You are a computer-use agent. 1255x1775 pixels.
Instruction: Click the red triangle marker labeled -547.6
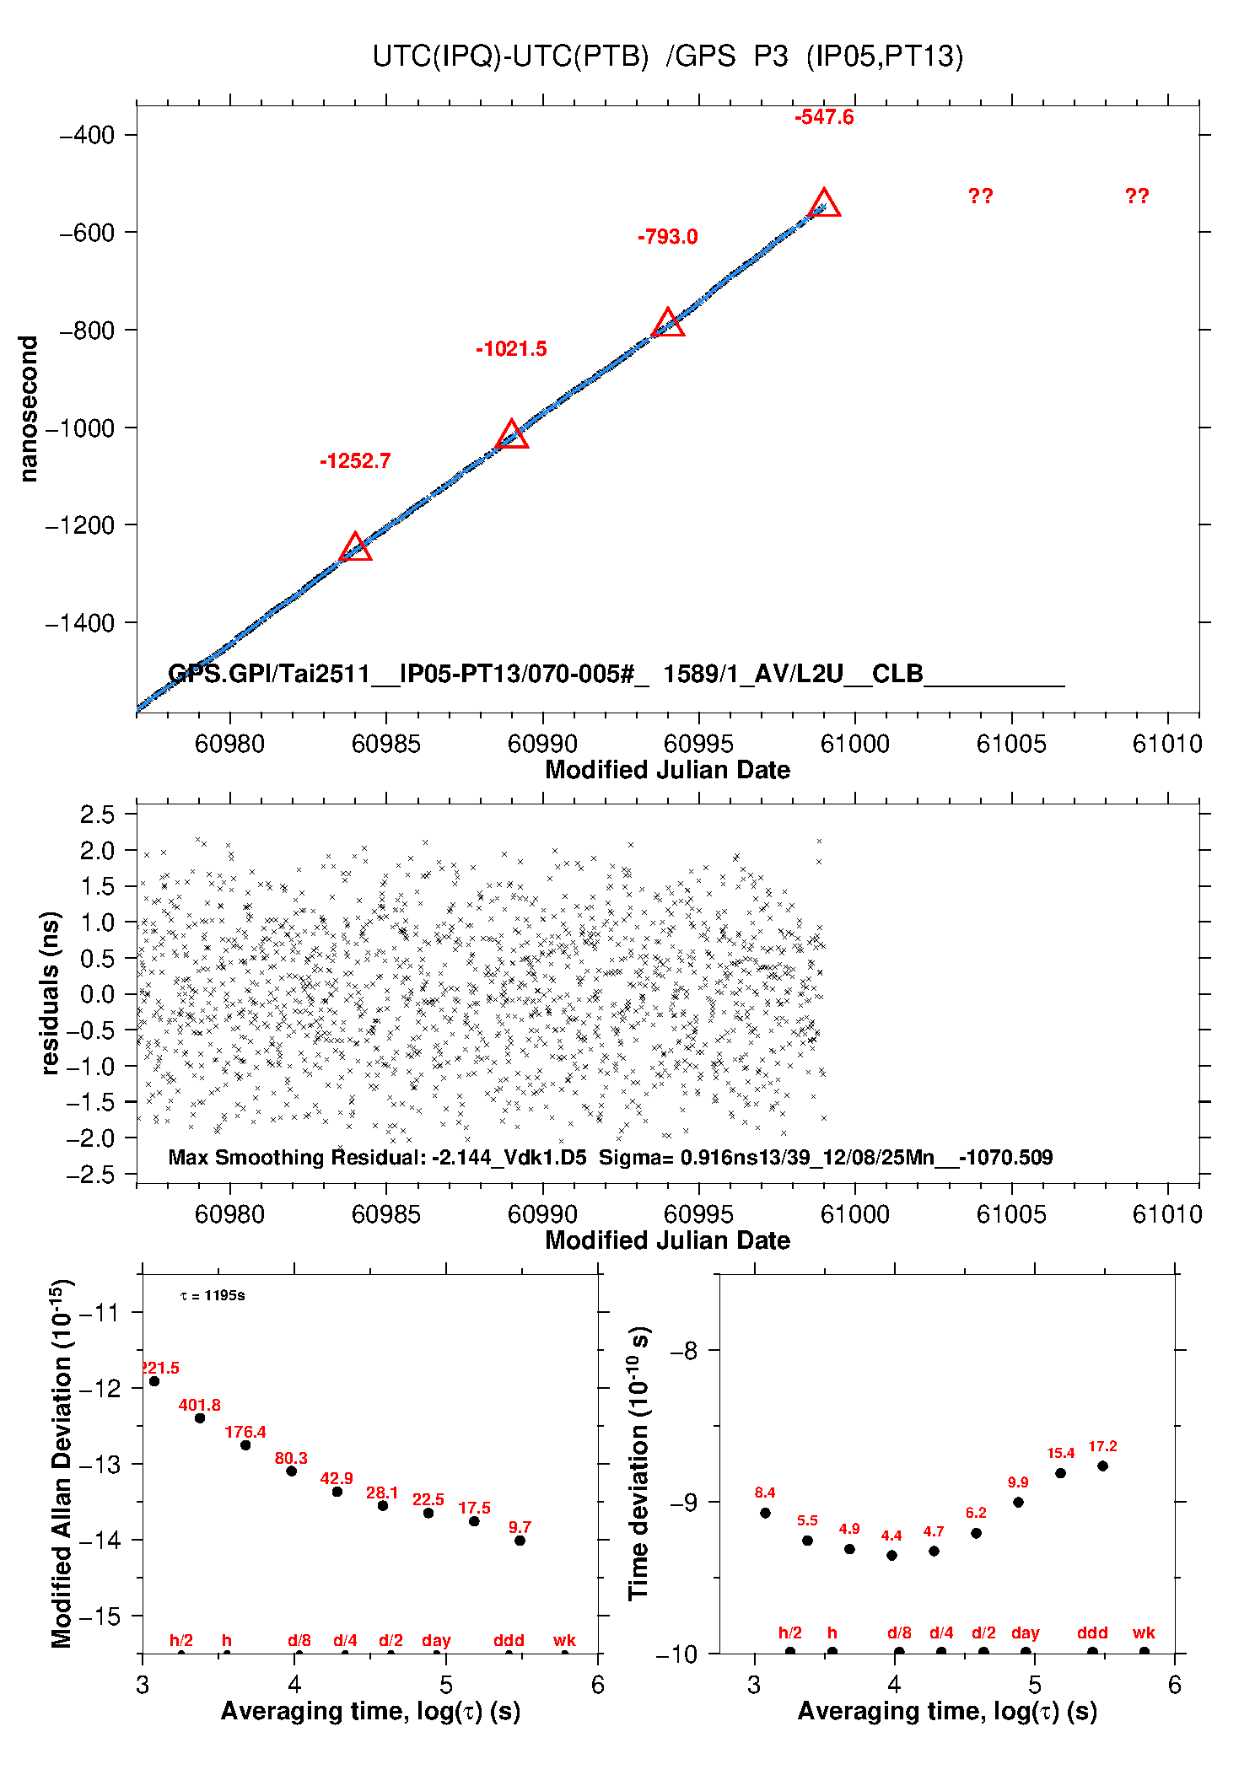(x=824, y=205)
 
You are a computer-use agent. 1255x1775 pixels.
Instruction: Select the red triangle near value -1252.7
(x=355, y=548)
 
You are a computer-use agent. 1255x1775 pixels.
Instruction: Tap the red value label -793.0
(x=667, y=237)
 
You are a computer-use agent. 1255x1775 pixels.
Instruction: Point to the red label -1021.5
(x=511, y=349)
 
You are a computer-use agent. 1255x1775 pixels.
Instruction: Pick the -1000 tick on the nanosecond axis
(x=79, y=428)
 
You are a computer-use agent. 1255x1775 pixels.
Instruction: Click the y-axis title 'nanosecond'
(x=30, y=409)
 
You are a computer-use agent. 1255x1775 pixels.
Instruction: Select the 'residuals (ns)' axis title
(x=51, y=992)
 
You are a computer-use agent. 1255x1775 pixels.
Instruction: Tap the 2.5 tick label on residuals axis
(x=97, y=815)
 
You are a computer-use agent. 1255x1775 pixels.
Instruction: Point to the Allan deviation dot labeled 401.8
(x=200, y=1418)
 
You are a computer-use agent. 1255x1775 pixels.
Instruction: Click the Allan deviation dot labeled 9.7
(x=520, y=1541)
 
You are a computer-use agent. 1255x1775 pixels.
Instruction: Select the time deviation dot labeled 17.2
(x=1102, y=1466)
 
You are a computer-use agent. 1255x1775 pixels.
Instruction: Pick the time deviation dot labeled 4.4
(x=891, y=1555)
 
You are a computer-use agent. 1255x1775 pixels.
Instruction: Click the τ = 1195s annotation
(x=213, y=1295)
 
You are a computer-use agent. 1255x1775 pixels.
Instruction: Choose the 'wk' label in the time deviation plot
(x=1144, y=1632)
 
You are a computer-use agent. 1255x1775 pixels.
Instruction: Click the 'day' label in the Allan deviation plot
(x=436, y=1640)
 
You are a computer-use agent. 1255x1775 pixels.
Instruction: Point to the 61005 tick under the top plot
(x=1010, y=744)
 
